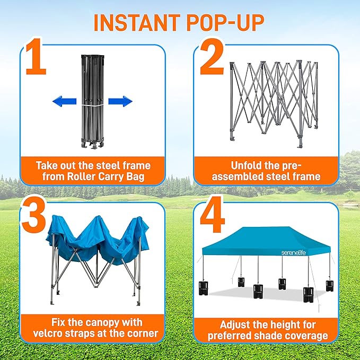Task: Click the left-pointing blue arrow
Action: pyautogui.click(x=64, y=101)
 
